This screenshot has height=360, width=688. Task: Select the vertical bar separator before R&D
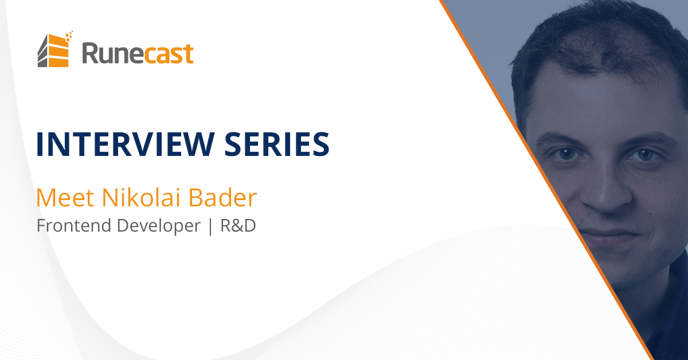tap(210, 226)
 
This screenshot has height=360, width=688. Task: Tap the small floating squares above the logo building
tap(69, 36)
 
